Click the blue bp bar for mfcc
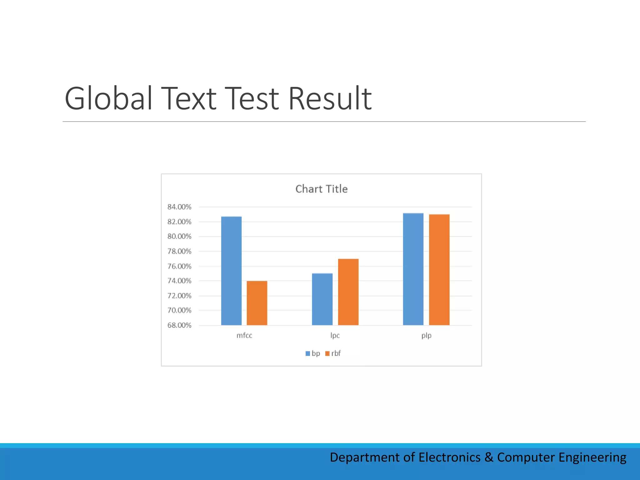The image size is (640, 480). [231, 271]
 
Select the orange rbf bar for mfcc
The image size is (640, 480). [257, 303]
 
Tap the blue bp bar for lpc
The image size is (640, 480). [322, 299]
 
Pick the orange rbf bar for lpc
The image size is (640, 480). [348, 292]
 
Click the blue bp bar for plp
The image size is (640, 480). [413, 269]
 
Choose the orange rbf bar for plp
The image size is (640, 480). [439, 270]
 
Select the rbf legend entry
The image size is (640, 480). [333, 353]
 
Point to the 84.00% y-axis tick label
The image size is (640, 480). [179, 207]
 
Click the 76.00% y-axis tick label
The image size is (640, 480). [179, 266]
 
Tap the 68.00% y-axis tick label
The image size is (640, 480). [179, 325]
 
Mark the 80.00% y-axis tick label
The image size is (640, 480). [179, 237]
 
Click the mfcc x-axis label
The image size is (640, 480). [244, 336]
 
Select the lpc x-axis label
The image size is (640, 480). [335, 336]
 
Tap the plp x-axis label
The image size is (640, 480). [426, 336]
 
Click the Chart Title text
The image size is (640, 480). [321, 189]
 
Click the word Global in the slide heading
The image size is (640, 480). [108, 98]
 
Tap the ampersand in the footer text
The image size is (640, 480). [488, 457]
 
